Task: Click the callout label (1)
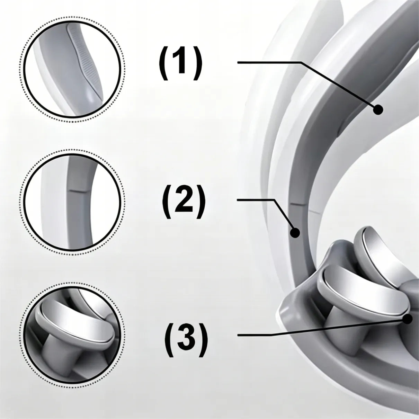pos(180,62)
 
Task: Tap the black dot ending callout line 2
pos(295,233)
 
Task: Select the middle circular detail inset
pos(72,202)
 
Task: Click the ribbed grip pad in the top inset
pos(87,61)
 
